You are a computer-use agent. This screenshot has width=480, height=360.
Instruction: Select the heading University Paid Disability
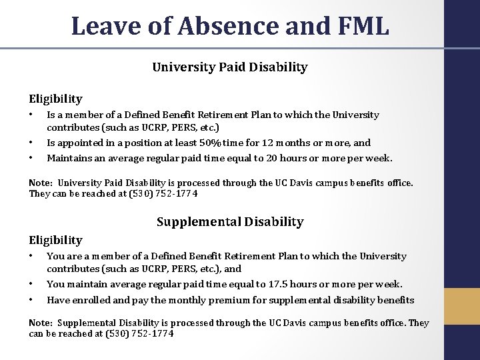(x=230, y=67)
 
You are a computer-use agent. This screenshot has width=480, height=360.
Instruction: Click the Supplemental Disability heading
(x=230, y=221)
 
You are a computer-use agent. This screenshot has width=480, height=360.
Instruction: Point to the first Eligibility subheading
(x=55, y=98)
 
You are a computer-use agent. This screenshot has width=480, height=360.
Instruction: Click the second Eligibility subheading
(x=55, y=239)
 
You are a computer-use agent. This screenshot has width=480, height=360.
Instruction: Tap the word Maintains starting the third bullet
(x=69, y=158)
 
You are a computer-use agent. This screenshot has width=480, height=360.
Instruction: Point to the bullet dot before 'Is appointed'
(x=31, y=143)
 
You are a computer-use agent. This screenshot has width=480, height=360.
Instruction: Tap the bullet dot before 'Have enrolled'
(x=31, y=300)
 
